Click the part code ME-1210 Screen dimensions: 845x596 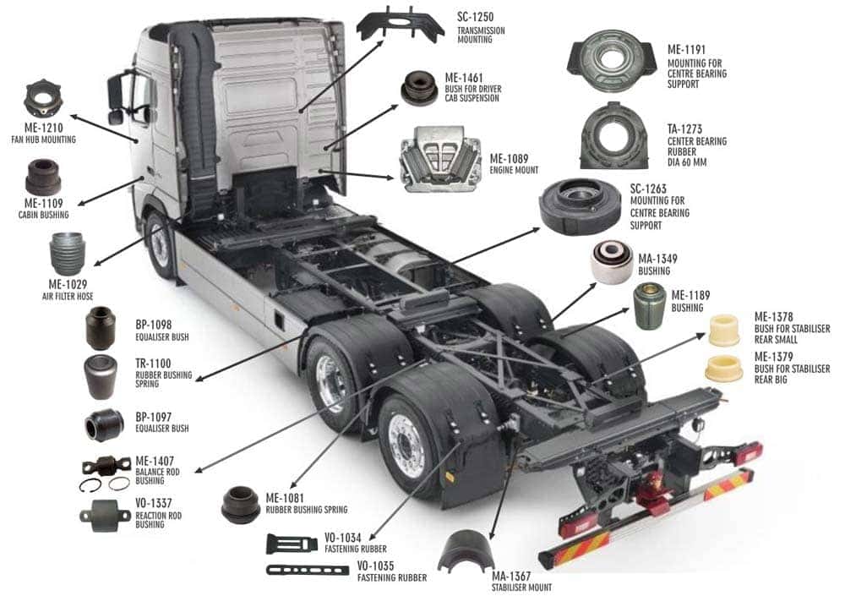[x=44, y=128]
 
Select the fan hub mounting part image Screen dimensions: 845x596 [x=44, y=99]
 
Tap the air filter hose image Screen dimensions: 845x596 [x=68, y=254]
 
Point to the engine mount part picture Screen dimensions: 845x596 [x=440, y=160]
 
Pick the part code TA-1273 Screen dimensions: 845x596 [x=684, y=129]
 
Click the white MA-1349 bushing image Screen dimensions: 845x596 [x=612, y=262]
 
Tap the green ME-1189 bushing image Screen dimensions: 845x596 [x=650, y=306]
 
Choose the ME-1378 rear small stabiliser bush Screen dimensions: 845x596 [x=724, y=329]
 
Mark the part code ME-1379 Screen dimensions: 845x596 [x=773, y=357]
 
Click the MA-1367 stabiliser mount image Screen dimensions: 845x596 [x=466, y=551]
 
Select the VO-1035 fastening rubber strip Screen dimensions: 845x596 [x=308, y=570]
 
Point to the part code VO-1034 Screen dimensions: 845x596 [x=342, y=538]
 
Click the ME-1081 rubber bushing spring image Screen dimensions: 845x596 [x=241, y=505]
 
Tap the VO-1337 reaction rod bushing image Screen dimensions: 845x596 [x=105, y=516]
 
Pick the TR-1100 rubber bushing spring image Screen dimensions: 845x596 [x=101, y=376]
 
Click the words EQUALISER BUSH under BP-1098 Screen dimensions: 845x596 [x=161, y=337]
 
